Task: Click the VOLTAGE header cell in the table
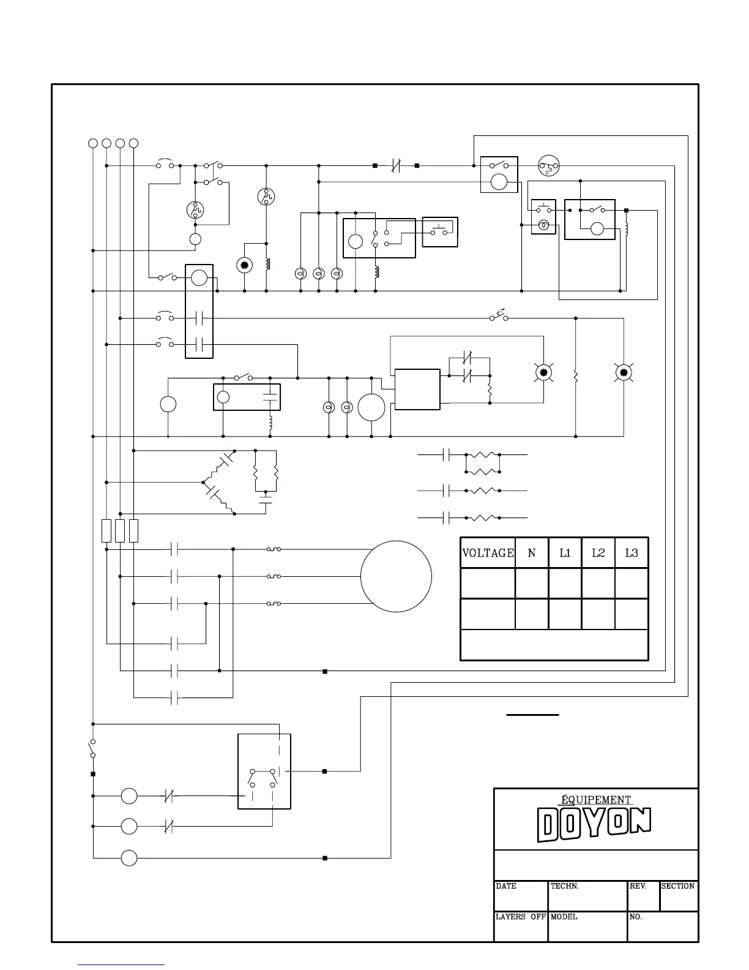[488, 553]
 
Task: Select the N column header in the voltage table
[532, 553]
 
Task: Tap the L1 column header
[565, 553]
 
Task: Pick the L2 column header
[598, 553]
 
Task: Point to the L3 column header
[632, 553]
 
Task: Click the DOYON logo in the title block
[594, 824]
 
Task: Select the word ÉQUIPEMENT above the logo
[596, 800]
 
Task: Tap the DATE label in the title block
[506, 886]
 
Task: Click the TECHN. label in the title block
[565, 886]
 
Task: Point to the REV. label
[638, 886]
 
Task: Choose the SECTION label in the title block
[678, 886]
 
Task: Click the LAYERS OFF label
[520, 917]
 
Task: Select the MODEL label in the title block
[564, 917]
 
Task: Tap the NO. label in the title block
[636, 917]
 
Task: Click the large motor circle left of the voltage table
[396, 576]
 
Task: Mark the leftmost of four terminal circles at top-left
[93, 143]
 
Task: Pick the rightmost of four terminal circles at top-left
[134, 143]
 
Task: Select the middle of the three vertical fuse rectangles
[120, 531]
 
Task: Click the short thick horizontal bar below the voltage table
[532, 715]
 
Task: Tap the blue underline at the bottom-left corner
[121, 965]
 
